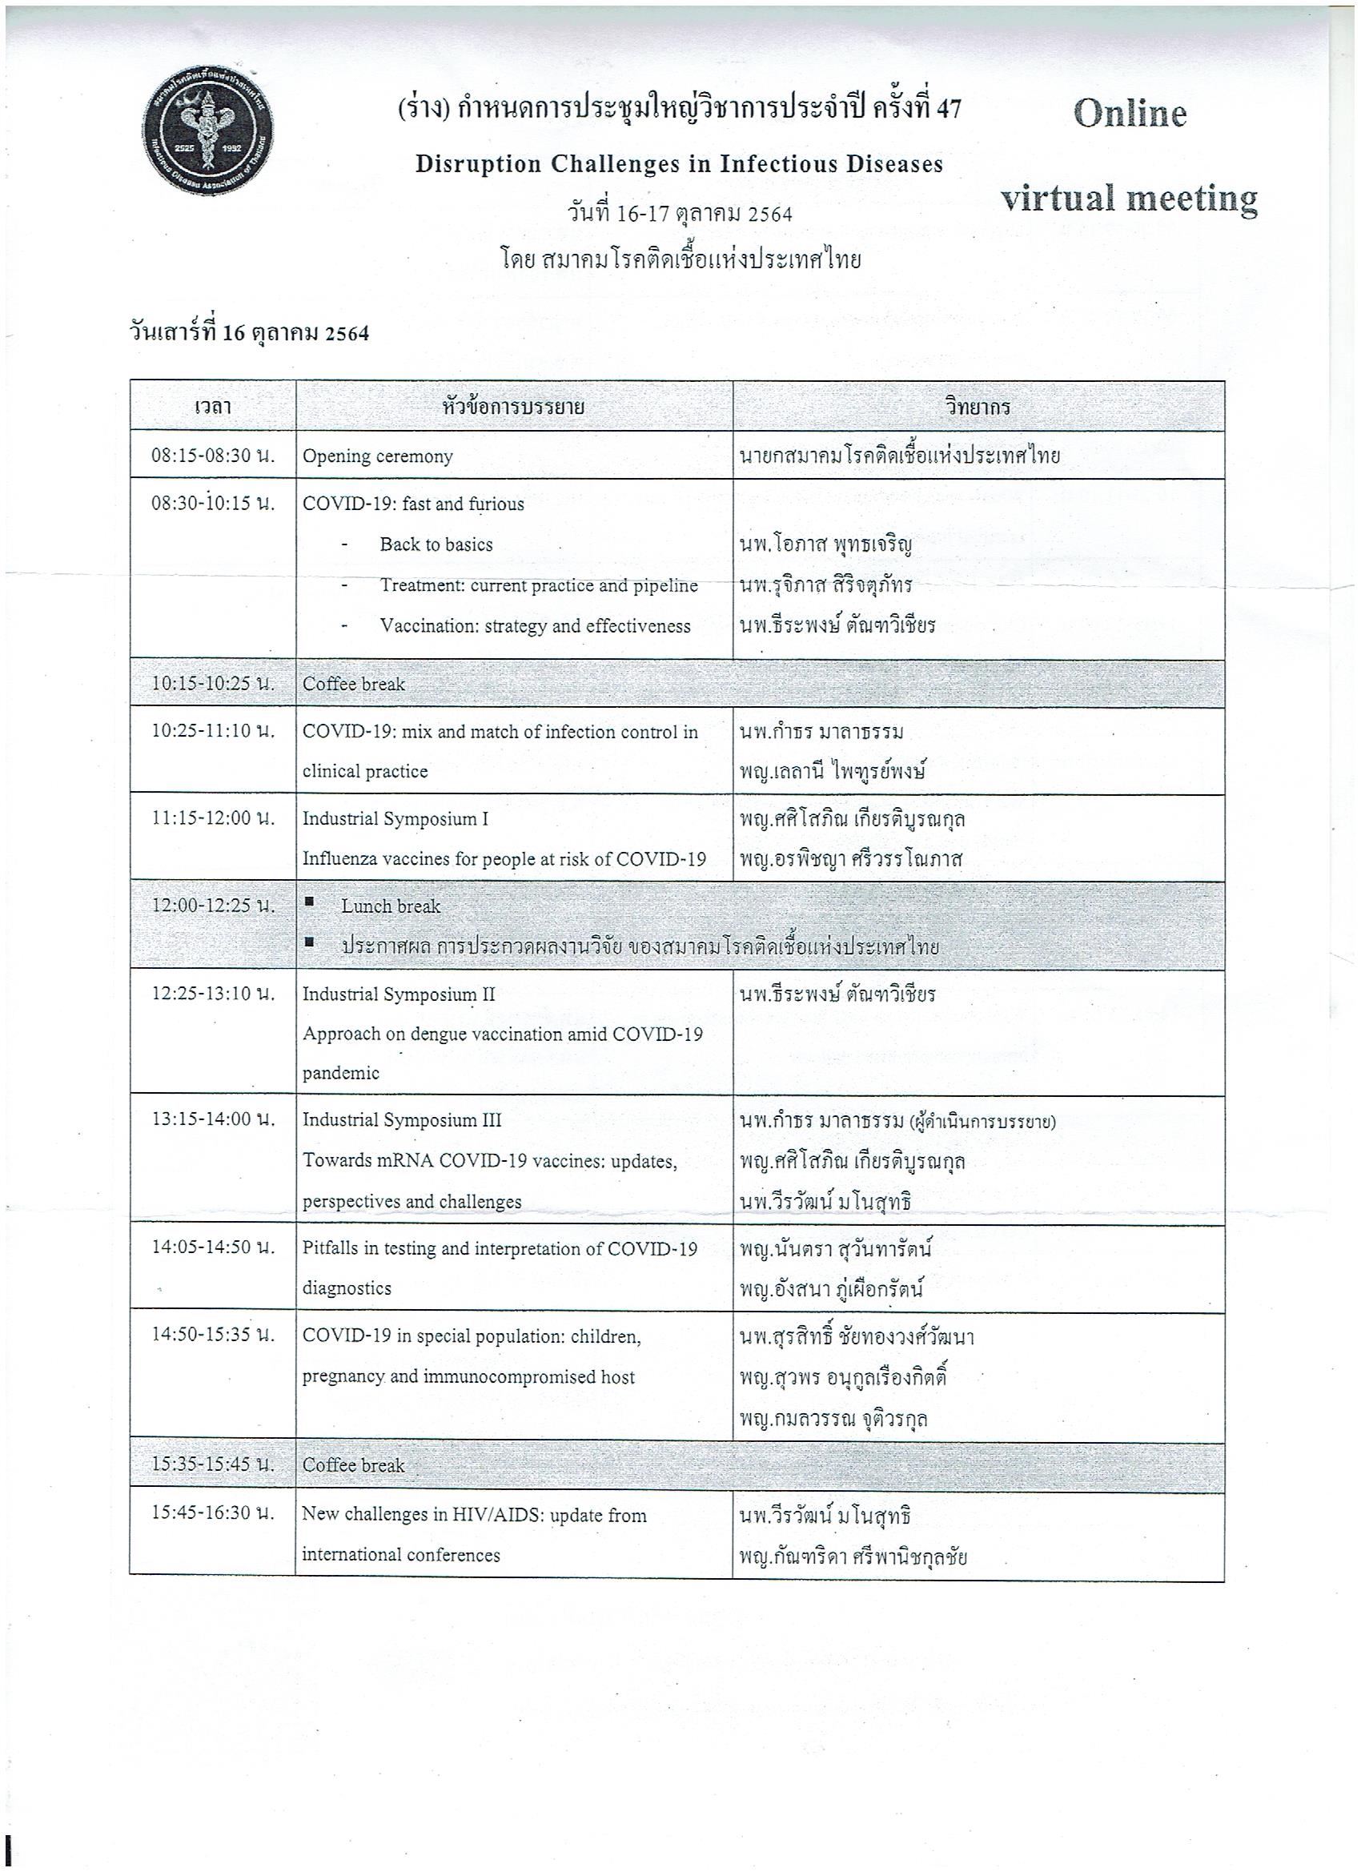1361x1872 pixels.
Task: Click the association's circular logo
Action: coord(208,131)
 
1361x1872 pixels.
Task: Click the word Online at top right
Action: coord(1129,114)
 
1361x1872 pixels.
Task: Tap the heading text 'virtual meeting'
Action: coord(1129,199)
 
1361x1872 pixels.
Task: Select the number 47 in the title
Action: coord(949,108)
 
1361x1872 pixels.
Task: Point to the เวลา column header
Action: coord(212,407)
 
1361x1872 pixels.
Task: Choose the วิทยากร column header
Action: coord(978,407)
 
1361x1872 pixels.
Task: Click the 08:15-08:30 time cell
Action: coord(212,455)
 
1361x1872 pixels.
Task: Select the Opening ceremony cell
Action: coord(377,456)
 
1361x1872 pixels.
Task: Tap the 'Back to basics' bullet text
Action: coord(436,544)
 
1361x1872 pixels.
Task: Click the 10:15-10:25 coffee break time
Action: coord(212,684)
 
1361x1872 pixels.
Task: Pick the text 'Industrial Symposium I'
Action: coord(395,819)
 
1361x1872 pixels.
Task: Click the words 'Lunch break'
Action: coord(391,906)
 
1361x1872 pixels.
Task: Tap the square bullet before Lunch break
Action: coord(310,902)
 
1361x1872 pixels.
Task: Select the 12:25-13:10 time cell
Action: coord(212,994)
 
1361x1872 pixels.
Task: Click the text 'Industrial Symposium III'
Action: coord(401,1120)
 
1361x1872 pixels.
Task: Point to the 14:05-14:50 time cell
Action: coord(212,1247)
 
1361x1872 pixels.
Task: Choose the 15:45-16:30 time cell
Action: coord(212,1513)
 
